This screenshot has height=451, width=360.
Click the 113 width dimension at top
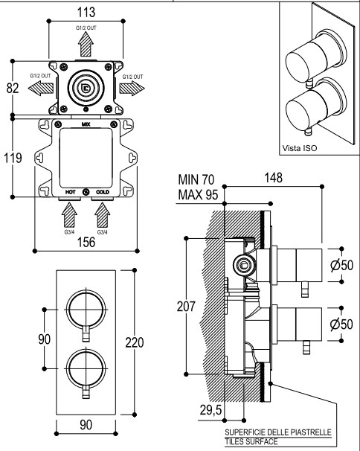86,12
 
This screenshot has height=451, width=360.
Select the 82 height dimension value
13,88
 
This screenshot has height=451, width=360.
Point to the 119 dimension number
13,158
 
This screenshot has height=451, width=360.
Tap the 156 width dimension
86,242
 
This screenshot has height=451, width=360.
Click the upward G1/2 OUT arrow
86,44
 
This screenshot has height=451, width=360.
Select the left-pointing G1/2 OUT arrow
41,88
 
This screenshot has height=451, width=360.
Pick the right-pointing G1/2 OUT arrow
132,88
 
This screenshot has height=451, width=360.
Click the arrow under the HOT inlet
69,215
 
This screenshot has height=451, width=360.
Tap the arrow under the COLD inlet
103,215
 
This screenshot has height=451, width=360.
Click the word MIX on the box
86,124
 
